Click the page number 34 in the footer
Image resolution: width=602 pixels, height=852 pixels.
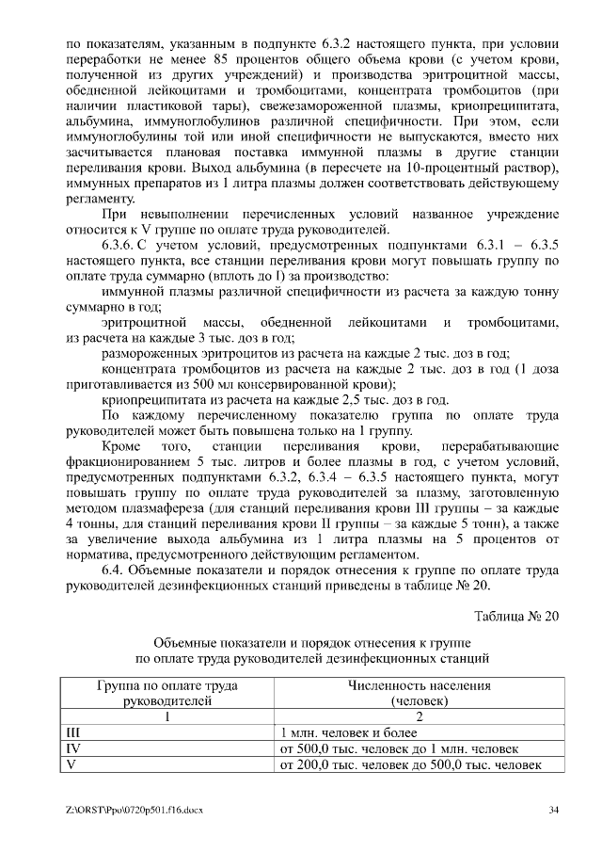click(x=554, y=810)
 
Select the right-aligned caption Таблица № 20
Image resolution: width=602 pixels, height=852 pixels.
click(x=516, y=616)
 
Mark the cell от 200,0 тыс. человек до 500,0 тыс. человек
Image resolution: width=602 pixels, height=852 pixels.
click(x=410, y=765)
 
